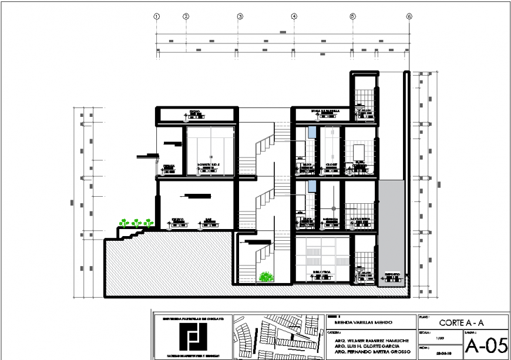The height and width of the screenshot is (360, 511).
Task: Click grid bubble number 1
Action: (x=157, y=17)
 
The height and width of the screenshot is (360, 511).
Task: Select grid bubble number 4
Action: (x=294, y=17)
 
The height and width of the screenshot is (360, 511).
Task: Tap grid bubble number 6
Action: (x=409, y=17)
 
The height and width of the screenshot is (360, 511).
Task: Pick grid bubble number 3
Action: (x=240, y=17)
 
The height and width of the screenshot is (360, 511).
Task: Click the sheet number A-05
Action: (x=485, y=346)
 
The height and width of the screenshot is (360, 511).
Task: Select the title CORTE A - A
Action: (x=462, y=322)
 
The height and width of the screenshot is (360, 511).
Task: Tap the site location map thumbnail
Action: (x=278, y=337)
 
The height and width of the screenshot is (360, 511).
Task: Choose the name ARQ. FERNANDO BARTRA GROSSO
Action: (x=368, y=354)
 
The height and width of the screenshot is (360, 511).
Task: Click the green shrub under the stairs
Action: (x=266, y=276)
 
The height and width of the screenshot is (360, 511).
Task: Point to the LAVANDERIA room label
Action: (x=360, y=218)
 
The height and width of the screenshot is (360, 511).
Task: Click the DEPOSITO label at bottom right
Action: (x=392, y=274)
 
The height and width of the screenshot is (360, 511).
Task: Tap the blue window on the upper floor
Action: (x=312, y=133)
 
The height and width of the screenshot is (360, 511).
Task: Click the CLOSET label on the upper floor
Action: (x=330, y=165)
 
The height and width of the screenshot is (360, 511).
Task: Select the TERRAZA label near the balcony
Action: (x=169, y=166)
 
